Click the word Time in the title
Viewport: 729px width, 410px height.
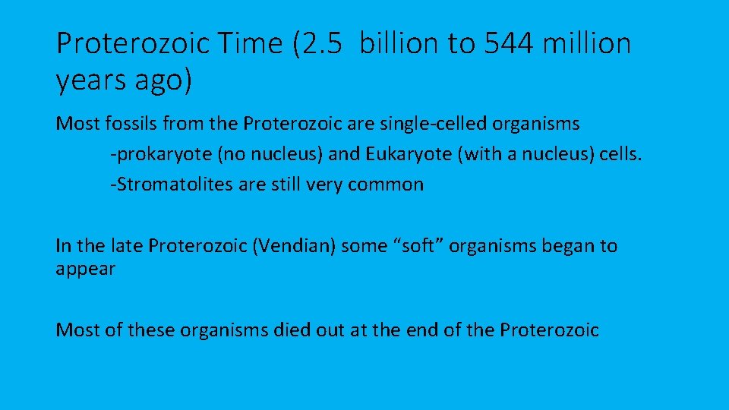[241, 43]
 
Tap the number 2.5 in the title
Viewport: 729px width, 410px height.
[322, 43]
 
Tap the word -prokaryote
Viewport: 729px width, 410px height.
[162, 155]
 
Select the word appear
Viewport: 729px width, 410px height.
[85, 269]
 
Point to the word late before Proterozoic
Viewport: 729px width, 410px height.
[126, 246]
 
